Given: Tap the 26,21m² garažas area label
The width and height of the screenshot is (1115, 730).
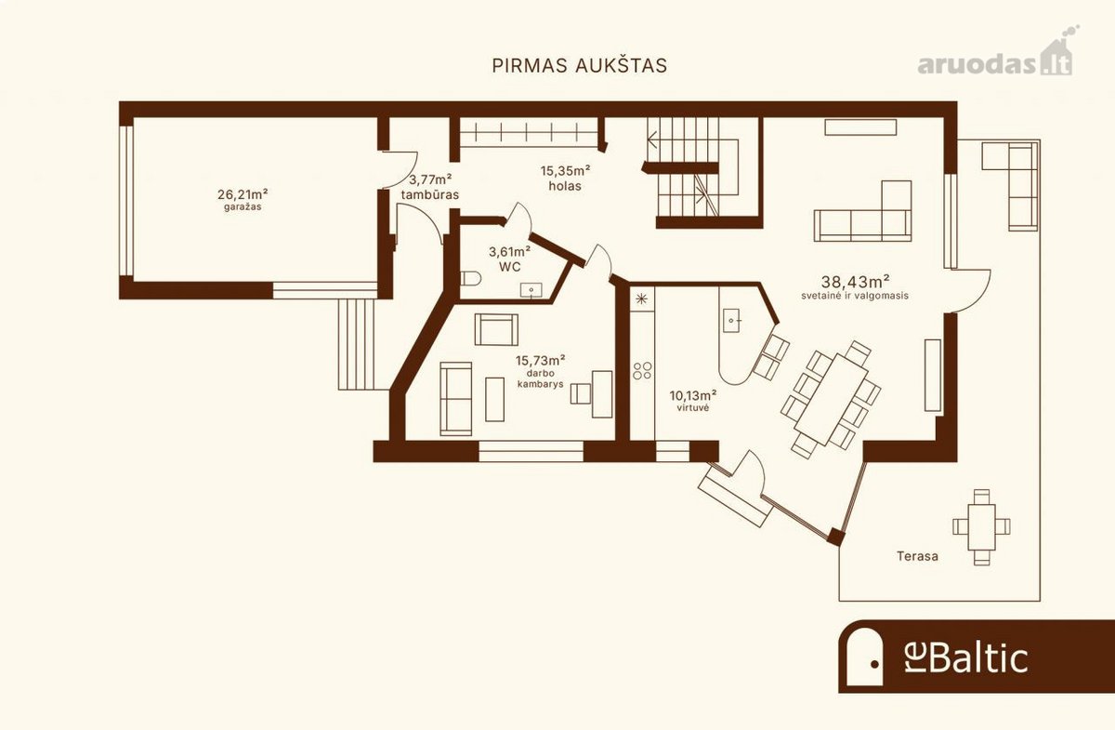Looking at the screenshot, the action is coord(243,199).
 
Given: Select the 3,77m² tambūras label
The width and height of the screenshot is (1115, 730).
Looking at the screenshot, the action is coord(430,186).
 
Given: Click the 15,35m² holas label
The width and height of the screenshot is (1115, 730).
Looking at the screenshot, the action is coord(566,178).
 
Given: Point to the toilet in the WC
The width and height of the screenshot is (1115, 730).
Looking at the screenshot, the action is coord(471,278).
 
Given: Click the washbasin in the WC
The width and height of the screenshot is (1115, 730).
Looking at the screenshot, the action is coord(531,290).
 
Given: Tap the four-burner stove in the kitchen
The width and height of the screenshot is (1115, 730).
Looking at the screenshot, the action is coord(642,370).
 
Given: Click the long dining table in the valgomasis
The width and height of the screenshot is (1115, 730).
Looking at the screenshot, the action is coord(832,400).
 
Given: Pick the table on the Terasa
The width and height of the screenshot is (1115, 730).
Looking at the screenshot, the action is coord(981,527).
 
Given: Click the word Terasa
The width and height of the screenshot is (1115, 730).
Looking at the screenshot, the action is coord(917,556).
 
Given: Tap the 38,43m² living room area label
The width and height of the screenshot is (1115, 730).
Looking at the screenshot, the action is coord(855,287).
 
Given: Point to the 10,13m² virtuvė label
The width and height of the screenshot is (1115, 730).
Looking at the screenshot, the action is coord(693,401).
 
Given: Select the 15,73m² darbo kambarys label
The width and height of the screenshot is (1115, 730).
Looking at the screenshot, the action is coord(540,371).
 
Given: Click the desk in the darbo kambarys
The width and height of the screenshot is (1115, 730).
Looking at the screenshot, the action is coord(602,394).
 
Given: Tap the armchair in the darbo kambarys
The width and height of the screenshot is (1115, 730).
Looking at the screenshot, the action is coord(496,329).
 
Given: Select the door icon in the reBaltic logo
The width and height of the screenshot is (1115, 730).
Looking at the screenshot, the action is coord(865,657).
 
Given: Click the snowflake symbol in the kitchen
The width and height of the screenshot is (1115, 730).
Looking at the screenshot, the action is coord(642,299).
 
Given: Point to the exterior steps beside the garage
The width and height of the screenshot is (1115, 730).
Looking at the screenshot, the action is coord(357,344).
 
